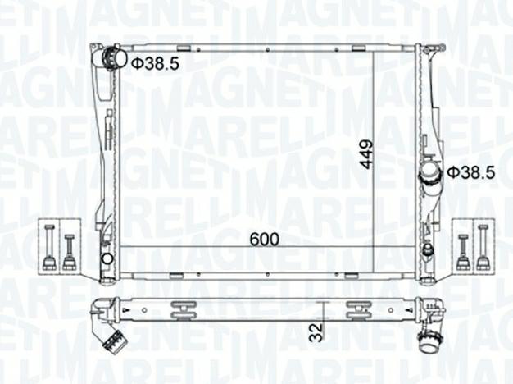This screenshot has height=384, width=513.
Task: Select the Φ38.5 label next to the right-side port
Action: click(x=472, y=172)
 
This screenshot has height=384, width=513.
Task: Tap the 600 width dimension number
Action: click(x=264, y=239)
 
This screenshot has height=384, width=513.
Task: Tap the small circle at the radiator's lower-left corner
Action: click(x=107, y=260)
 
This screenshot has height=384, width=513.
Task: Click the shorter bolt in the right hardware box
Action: click(x=464, y=252)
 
